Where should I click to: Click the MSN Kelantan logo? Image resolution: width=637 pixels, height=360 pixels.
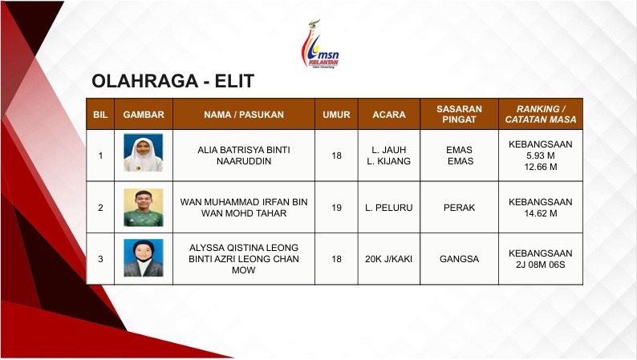pyautogui.click(x=320, y=44)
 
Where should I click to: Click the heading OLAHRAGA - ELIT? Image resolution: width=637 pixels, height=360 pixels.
pyautogui.click(x=173, y=81)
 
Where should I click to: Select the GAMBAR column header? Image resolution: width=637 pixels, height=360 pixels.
pyautogui.click(x=144, y=115)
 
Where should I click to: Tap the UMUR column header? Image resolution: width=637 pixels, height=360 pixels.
pyautogui.click(x=336, y=115)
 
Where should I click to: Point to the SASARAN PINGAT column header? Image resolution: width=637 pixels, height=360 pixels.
pyautogui.click(x=459, y=115)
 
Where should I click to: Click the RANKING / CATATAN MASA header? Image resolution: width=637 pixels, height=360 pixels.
pyautogui.click(x=541, y=115)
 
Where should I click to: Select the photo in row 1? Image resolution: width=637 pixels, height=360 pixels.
pyautogui.click(x=144, y=152)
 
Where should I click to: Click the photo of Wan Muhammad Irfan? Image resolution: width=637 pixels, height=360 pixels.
pyautogui.click(x=144, y=208)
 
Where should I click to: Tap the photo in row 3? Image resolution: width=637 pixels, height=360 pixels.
pyautogui.click(x=144, y=258)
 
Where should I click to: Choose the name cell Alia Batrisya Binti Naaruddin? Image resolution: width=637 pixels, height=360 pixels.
pyautogui.click(x=244, y=156)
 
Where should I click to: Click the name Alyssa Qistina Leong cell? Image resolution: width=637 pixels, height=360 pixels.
pyautogui.click(x=244, y=259)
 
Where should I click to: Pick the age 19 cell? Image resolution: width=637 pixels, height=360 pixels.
pyautogui.click(x=336, y=208)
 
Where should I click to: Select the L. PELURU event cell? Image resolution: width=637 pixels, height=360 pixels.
pyautogui.click(x=389, y=208)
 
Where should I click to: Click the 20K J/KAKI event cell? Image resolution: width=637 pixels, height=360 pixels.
pyautogui.click(x=389, y=259)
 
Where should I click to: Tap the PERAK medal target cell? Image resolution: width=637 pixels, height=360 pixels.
pyautogui.click(x=459, y=208)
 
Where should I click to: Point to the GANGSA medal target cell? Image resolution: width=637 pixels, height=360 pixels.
pyautogui.click(x=459, y=259)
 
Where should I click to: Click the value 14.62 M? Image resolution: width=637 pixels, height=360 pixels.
pyautogui.click(x=541, y=213)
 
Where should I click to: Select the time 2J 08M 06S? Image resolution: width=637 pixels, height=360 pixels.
pyautogui.click(x=541, y=265)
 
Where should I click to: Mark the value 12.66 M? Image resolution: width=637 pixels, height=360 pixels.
pyautogui.click(x=541, y=167)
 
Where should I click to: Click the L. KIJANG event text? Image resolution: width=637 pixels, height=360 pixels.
pyautogui.click(x=389, y=161)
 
